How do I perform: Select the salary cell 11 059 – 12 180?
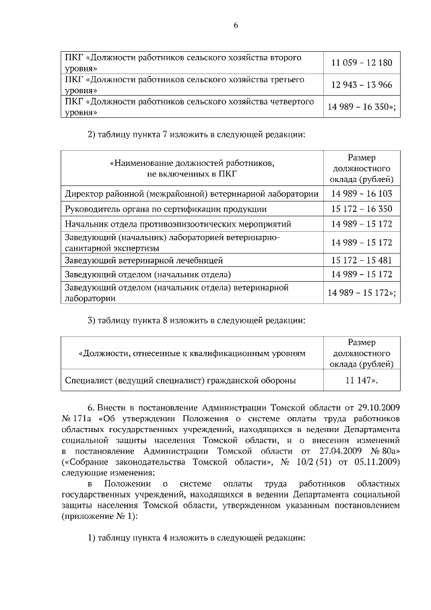point(361,63)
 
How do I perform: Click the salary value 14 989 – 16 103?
point(361,194)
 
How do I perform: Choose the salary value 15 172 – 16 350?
point(361,210)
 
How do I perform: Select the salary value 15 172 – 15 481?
point(361,260)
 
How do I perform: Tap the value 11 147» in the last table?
point(361,381)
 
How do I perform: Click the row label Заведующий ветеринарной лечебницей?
point(143,260)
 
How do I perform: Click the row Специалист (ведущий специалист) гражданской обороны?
point(180,381)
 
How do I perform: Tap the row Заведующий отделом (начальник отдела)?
point(147,275)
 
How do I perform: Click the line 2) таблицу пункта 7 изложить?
point(197,134)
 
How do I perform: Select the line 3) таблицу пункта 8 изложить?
point(197,320)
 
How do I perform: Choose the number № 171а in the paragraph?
point(75,419)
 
